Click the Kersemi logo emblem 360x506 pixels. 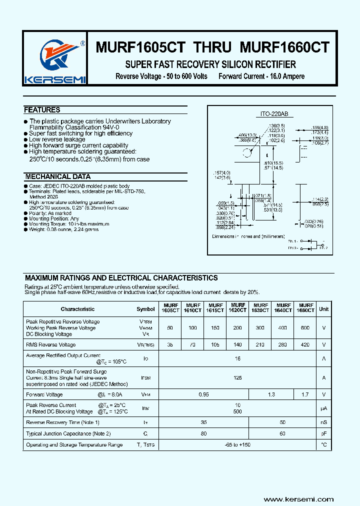point(55,56)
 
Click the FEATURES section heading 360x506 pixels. point(42,110)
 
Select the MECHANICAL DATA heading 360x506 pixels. point(57,177)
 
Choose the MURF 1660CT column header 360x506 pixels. point(305,308)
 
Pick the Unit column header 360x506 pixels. point(324,309)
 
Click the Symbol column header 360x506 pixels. point(145,309)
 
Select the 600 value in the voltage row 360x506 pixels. point(305,328)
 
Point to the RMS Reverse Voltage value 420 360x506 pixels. point(305,344)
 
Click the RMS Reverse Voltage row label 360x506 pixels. point(51,344)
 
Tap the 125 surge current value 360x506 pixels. point(237,378)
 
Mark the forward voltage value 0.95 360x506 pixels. point(203,395)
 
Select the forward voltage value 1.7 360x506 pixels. point(305,395)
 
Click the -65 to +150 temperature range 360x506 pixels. point(237,445)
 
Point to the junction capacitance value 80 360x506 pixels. point(203,433)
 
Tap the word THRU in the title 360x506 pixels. point(212,47)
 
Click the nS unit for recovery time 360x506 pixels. point(324,422)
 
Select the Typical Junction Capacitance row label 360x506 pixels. point(68,433)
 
